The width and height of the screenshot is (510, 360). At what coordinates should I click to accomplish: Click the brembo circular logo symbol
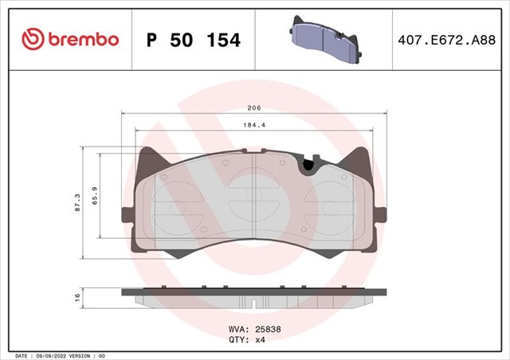coord(33,39)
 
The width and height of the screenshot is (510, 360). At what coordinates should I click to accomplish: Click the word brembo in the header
coord(84,39)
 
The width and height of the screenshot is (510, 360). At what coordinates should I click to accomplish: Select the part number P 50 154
coord(194,40)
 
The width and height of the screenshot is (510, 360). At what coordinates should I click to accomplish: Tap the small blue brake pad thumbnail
coord(325,39)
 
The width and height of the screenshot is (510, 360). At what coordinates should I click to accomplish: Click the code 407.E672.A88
coord(446,40)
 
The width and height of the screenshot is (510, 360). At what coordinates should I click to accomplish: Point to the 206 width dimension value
coord(254,108)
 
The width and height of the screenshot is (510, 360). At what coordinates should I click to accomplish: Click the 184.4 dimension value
coord(254,125)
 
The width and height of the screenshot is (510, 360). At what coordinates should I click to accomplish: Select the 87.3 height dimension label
coord(77,203)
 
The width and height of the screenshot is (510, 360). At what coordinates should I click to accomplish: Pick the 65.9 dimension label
coord(95,195)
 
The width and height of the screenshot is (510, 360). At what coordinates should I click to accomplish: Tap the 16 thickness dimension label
coord(77,297)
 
